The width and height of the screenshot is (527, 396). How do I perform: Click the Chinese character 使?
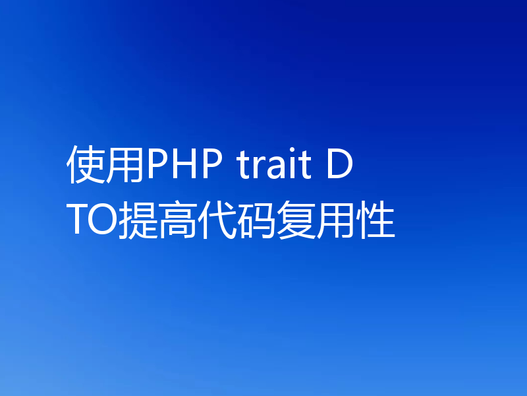86,166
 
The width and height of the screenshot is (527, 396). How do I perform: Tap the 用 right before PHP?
125,166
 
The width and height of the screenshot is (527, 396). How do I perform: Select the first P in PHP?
156,166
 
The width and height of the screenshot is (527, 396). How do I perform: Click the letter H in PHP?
181,166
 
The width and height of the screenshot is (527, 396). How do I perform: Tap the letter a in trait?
272,170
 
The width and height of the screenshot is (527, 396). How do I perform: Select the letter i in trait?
288,166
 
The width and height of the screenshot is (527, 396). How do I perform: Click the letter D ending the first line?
340,166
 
